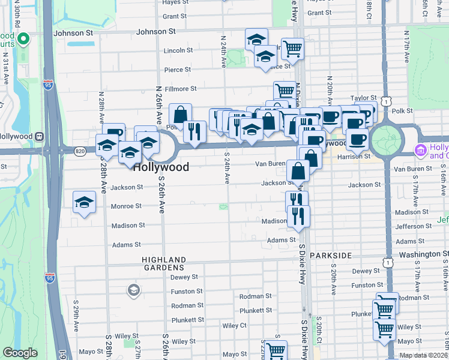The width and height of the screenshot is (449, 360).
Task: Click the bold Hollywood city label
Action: (161, 167)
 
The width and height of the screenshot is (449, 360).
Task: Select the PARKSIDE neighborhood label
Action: (331, 256)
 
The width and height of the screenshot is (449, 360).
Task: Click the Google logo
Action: (20, 353)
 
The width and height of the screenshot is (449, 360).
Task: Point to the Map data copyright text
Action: (424, 355)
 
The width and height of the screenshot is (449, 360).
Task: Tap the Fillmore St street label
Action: (181, 89)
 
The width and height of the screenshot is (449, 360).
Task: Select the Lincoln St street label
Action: (178, 50)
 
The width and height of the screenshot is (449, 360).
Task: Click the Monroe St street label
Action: (126, 206)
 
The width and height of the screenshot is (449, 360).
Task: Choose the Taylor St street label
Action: (364, 97)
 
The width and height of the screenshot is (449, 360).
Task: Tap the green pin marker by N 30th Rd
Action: (24, 40)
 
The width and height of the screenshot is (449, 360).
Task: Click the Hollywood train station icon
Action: (40, 136)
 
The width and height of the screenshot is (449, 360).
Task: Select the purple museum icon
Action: (421, 149)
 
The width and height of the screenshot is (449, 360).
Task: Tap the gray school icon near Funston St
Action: (133, 291)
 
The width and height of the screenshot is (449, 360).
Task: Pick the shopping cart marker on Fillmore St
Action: (285, 91)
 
